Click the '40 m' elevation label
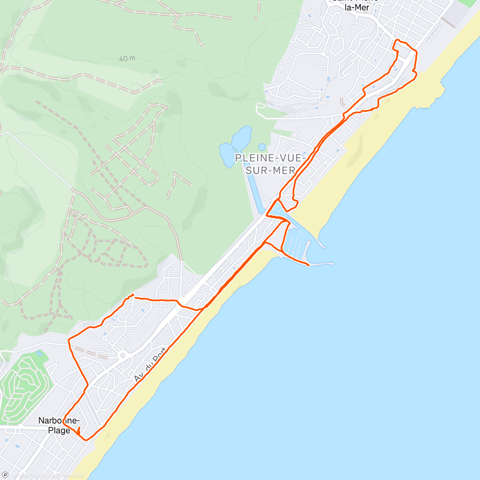tap(127, 58)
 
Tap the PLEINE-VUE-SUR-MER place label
tap(270, 164)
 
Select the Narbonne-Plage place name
tap(59, 426)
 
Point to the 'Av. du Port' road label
tap(150, 365)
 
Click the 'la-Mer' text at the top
tap(357, 7)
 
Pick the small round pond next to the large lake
tap(262, 147)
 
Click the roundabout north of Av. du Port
tap(123, 355)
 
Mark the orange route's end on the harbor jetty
tap(308, 265)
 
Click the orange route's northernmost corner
tap(396, 40)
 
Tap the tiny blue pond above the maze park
tap(39, 353)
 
